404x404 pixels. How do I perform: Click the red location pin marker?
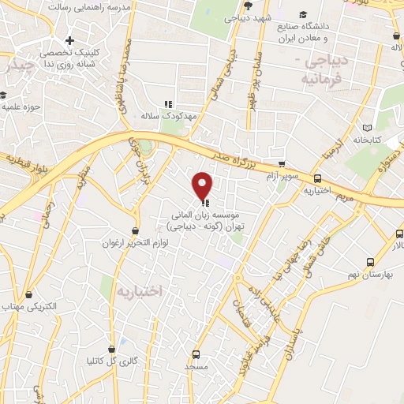[203, 185]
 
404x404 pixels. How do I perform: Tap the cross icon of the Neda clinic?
[71, 40]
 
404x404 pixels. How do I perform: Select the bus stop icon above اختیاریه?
[318, 178]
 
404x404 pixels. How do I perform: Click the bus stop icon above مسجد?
[196, 354]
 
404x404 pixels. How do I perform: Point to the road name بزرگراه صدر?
[238, 155]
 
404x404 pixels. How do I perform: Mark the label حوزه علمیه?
[20, 105]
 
